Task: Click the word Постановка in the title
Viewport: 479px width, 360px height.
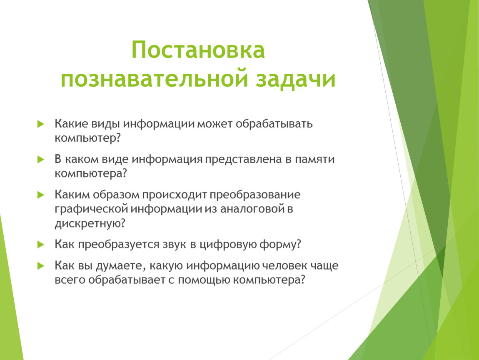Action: coord(198,50)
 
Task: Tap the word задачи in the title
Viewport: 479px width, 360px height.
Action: coord(295,79)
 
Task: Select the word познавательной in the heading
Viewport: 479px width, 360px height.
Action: coord(154,79)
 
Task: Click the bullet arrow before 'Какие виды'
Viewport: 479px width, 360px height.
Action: coord(41,124)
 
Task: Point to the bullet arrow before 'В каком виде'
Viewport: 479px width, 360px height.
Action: coord(41,159)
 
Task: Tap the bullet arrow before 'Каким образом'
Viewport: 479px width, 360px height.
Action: coord(41,195)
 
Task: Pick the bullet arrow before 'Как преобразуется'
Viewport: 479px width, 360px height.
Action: coord(41,245)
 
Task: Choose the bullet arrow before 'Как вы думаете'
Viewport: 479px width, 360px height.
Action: coord(41,266)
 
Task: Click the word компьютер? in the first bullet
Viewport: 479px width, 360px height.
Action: coord(88,138)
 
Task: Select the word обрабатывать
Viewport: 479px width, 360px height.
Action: coord(274,124)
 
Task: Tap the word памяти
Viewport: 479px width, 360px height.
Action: coord(314,159)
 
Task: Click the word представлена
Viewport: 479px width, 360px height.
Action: coord(244,160)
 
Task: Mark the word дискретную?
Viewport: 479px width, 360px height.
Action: coord(90,223)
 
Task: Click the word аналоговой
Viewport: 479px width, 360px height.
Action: coord(253,209)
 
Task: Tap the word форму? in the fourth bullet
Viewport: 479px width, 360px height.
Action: coord(280,245)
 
